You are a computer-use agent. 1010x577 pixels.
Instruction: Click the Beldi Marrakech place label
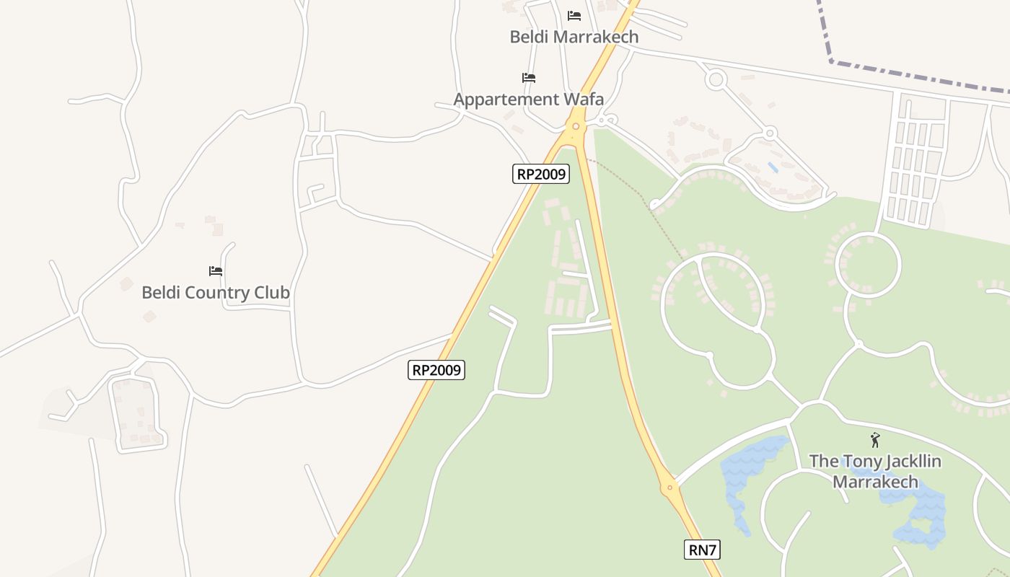coord(574,37)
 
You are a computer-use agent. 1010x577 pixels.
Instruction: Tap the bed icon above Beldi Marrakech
coord(574,15)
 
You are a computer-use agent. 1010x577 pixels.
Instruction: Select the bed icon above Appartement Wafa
coord(529,77)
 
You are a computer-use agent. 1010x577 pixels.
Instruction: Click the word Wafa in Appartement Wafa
coord(579,99)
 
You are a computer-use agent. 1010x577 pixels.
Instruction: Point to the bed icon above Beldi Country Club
coord(216,271)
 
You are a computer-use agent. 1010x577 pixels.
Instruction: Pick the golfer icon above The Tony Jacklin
coord(875,439)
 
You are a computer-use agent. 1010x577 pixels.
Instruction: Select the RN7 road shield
coord(702,550)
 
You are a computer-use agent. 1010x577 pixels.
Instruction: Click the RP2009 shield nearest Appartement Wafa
coord(541,174)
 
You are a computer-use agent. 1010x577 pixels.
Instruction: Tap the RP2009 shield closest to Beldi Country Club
coord(436,370)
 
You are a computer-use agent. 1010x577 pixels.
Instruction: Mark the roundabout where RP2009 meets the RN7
coord(576,127)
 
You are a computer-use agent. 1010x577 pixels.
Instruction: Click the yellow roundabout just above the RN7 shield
coord(669,488)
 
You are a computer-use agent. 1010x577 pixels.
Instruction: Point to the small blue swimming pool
coord(773,167)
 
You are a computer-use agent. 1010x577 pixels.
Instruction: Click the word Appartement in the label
coord(501,99)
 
